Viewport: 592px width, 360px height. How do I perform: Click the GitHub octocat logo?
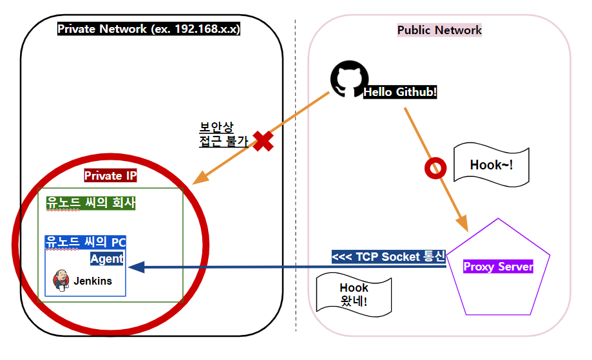pyautogui.click(x=347, y=80)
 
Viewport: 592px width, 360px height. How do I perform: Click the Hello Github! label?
pyautogui.click(x=400, y=92)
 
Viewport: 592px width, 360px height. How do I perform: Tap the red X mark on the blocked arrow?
pyautogui.click(x=262, y=141)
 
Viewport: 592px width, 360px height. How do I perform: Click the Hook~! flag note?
pyautogui.click(x=492, y=165)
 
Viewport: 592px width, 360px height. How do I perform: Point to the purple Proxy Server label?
pyautogui.click(x=498, y=267)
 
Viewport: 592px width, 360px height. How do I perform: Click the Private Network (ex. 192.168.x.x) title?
pyautogui.click(x=149, y=29)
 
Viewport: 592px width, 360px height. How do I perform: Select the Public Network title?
pyautogui.click(x=439, y=30)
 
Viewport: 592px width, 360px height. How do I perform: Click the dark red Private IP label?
pyautogui.click(x=111, y=175)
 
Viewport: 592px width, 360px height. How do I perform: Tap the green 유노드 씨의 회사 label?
pyautogui.click(x=91, y=203)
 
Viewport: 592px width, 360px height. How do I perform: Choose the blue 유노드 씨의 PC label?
pyautogui.click(x=86, y=242)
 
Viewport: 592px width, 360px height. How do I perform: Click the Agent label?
pyautogui.click(x=107, y=259)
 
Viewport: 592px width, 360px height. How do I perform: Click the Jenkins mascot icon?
pyautogui.click(x=61, y=280)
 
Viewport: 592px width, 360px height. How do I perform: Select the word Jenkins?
pyautogui.click(x=93, y=281)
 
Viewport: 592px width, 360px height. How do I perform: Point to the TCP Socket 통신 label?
pyautogui.click(x=388, y=257)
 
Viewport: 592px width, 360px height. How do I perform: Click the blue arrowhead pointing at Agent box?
pyautogui.click(x=136, y=267)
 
